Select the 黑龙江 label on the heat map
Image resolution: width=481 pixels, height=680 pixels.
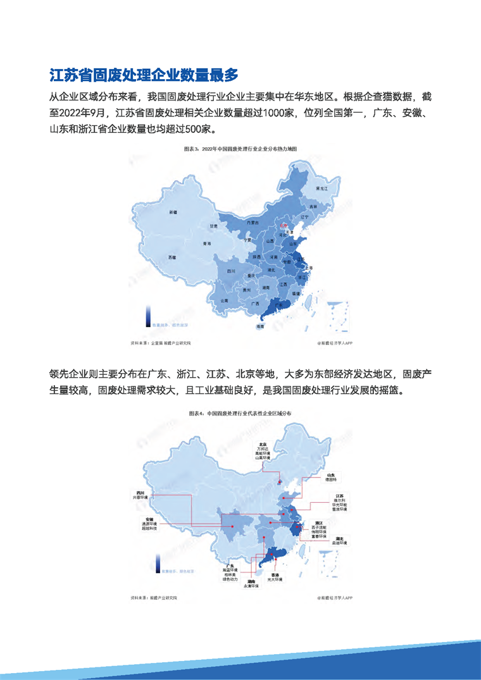pos(322,189)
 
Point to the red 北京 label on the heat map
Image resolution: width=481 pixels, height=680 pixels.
pos(284,224)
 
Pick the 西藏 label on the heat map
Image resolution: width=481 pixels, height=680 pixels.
pos(172,257)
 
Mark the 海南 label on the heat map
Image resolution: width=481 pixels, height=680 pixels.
pos(259,327)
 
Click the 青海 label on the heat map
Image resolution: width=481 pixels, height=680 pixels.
pos(206,243)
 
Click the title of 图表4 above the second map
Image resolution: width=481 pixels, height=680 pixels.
pos(240,412)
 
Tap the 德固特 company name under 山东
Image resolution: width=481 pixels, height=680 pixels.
pos(330,479)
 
